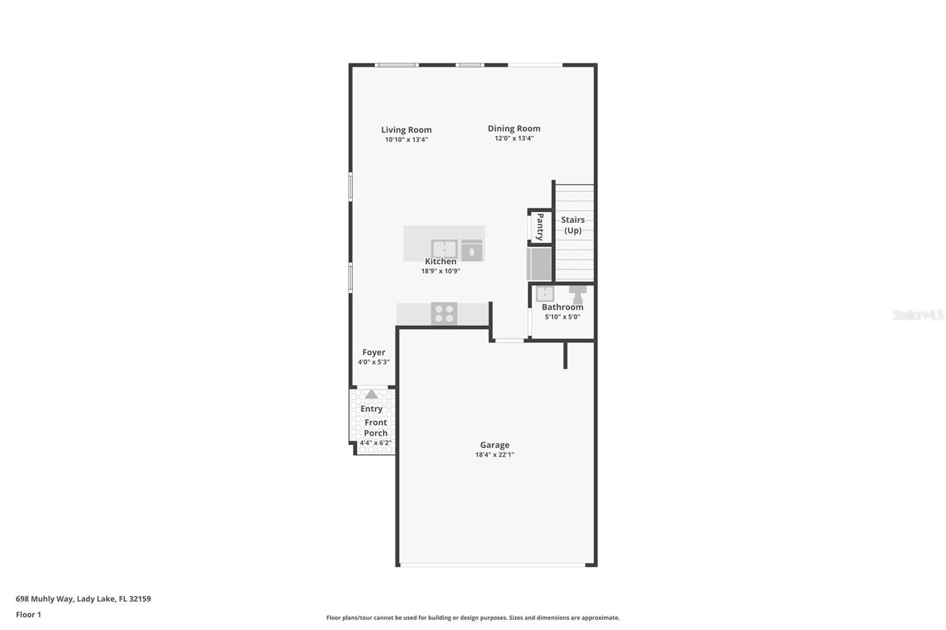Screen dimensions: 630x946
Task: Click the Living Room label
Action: pyautogui.click(x=406, y=130)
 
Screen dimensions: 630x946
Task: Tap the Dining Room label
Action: pyautogui.click(x=514, y=128)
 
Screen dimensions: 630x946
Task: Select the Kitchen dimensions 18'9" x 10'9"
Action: pyautogui.click(x=440, y=271)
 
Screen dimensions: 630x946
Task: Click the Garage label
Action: pyautogui.click(x=494, y=445)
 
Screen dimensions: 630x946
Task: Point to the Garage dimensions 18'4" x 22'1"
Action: pyautogui.click(x=494, y=455)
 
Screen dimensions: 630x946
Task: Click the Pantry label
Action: pyautogui.click(x=540, y=227)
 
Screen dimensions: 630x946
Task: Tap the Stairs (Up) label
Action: pyautogui.click(x=572, y=225)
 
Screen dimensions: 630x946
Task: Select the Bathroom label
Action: pyautogui.click(x=562, y=307)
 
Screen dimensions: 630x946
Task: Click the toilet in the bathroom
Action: pyautogui.click(x=578, y=294)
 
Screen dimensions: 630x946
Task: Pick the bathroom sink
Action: pyautogui.click(x=545, y=293)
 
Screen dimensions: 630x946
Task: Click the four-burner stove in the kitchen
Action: pyautogui.click(x=443, y=314)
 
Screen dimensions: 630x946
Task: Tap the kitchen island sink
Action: pyautogui.click(x=444, y=249)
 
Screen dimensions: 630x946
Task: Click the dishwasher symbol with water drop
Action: pyautogui.click(x=471, y=251)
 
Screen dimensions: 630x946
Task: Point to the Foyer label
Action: pyautogui.click(x=374, y=352)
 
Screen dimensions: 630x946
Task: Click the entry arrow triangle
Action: pyautogui.click(x=371, y=394)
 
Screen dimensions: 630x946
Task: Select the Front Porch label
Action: pyautogui.click(x=375, y=428)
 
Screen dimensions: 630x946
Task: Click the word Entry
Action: pyautogui.click(x=371, y=409)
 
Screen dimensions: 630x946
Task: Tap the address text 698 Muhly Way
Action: pyautogui.click(x=45, y=599)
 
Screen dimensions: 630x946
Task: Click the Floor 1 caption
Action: pyautogui.click(x=28, y=615)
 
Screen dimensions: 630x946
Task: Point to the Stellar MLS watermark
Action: pyautogui.click(x=918, y=315)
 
